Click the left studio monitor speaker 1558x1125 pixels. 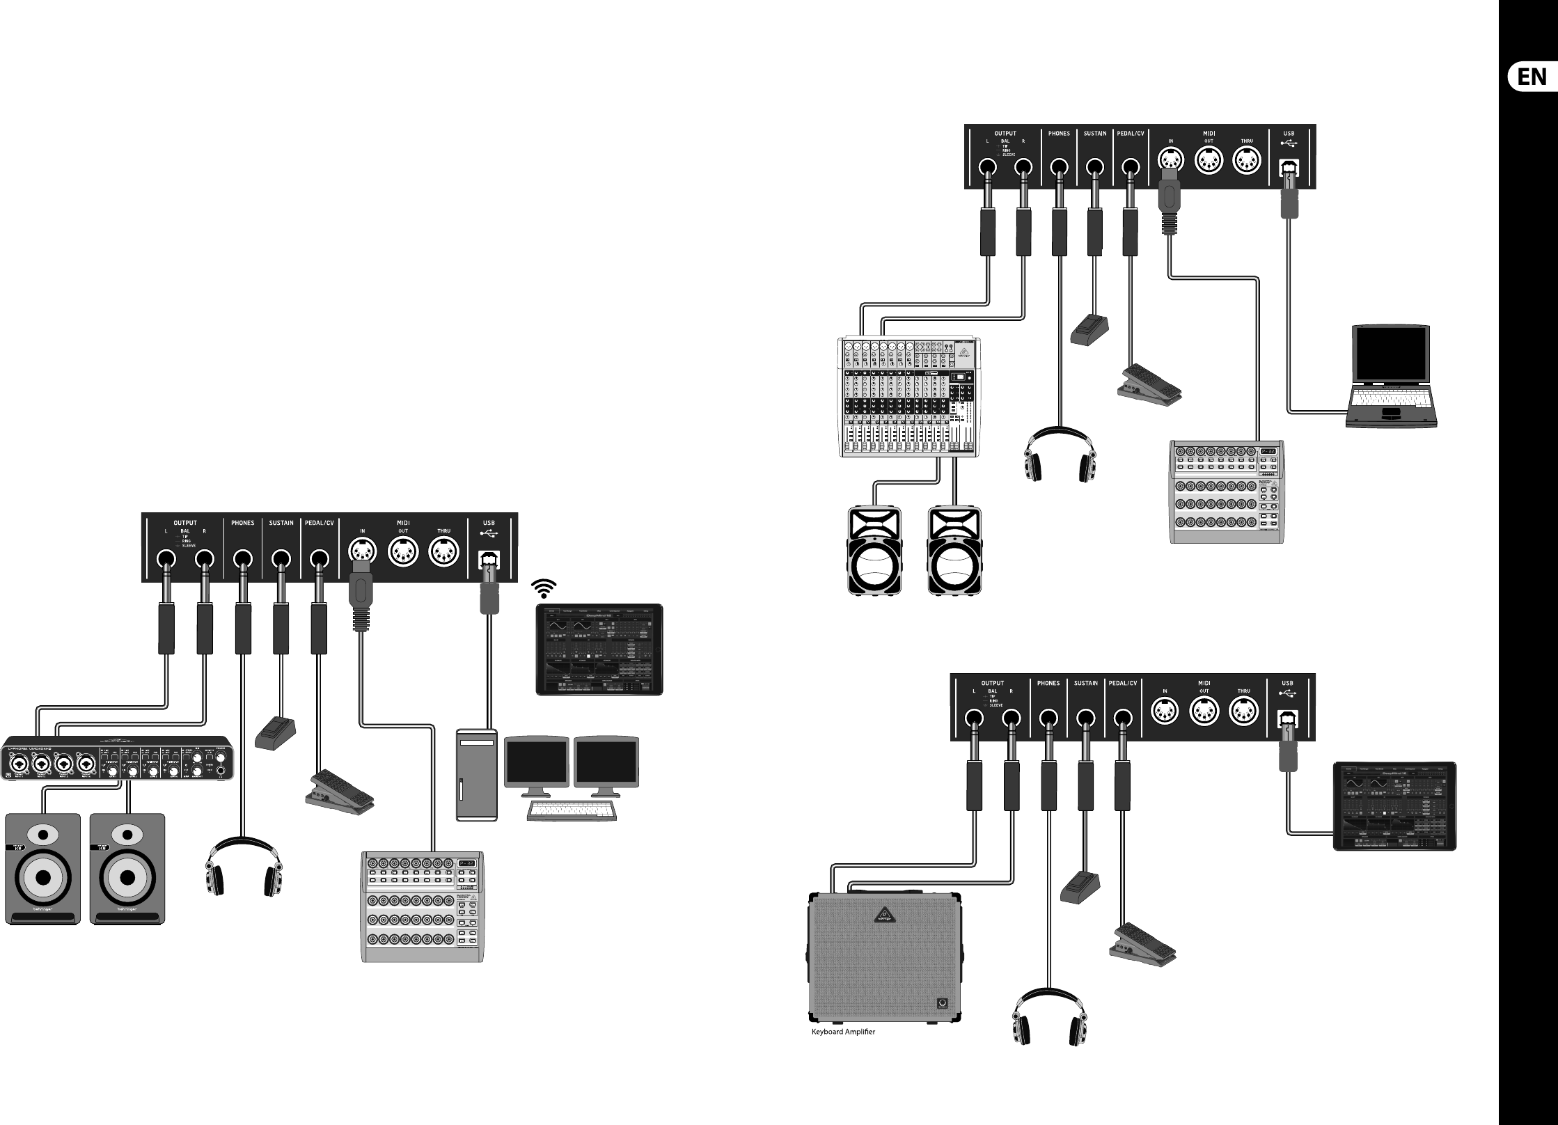tap(43, 869)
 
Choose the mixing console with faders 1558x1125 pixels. tap(910, 397)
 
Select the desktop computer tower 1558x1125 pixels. tap(477, 775)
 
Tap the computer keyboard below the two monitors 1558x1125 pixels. tap(572, 810)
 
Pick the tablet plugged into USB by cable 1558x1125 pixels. tap(1394, 806)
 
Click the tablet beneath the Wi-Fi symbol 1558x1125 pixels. tap(599, 650)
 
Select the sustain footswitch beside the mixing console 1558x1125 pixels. tap(1089, 330)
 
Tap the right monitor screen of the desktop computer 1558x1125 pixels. tap(606, 764)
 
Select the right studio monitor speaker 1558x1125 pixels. tap(128, 869)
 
